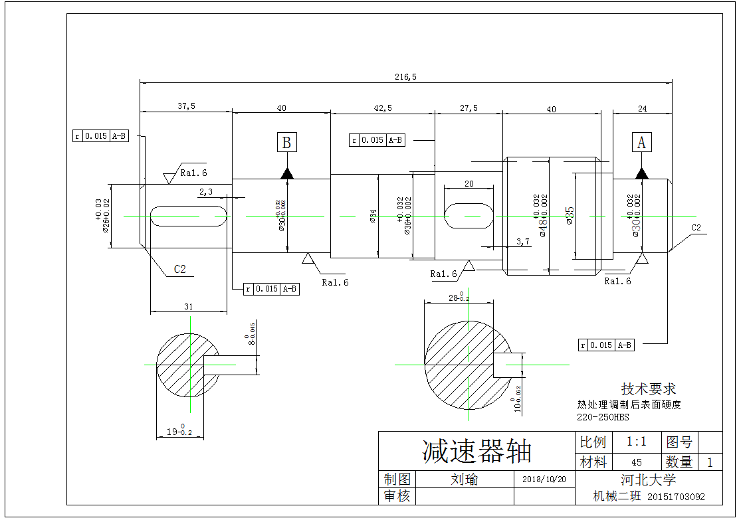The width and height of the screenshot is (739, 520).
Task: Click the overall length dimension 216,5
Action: (405, 77)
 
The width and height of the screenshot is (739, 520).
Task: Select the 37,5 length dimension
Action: (186, 106)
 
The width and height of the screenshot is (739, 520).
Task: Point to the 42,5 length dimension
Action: (383, 108)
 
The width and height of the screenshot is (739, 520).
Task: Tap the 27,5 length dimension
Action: (469, 108)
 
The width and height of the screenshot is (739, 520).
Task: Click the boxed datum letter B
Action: (286, 143)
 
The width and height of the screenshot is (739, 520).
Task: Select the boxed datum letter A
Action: (641, 143)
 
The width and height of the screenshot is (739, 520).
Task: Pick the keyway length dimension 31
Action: (188, 306)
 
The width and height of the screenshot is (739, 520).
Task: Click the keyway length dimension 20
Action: (469, 184)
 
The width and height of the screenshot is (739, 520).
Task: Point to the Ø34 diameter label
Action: (373, 216)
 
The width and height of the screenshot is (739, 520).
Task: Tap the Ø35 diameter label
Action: (570, 215)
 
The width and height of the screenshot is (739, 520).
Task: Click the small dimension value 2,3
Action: (205, 192)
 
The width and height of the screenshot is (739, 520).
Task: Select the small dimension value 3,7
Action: (523, 242)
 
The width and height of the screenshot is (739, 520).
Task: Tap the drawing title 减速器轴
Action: (476, 452)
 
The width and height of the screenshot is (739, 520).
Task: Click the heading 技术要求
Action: (648, 389)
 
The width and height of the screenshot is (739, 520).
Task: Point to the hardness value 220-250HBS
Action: (602, 418)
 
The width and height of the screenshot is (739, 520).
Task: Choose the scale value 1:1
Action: (636, 442)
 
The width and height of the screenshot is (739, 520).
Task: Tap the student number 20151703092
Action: (675, 497)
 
